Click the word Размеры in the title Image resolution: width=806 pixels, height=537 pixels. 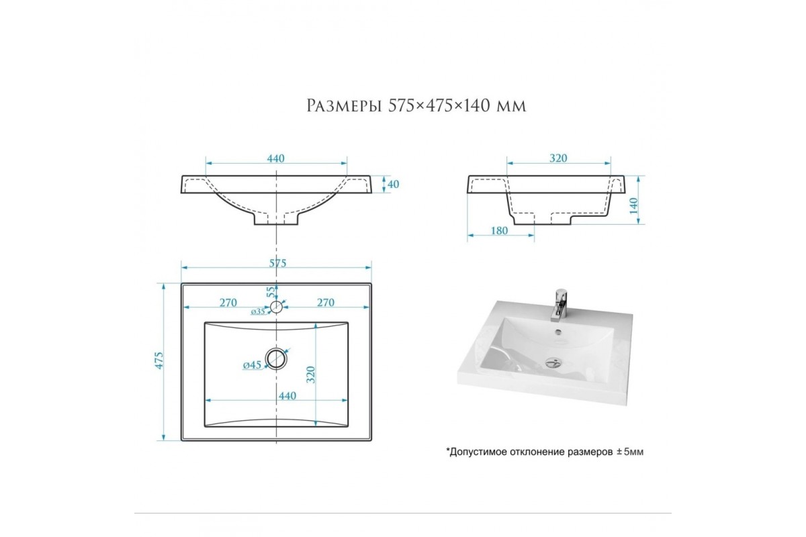tap(344, 106)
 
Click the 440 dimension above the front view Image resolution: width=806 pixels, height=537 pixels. tap(276, 158)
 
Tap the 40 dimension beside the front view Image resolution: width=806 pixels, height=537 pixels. tap(394, 184)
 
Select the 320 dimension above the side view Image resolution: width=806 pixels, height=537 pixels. tap(558, 158)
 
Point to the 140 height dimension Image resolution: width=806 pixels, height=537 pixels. tap(633, 205)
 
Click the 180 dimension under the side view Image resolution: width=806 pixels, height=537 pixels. tap(500, 230)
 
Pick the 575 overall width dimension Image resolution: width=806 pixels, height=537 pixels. tap(277, 263)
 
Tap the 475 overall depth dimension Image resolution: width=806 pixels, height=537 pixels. tap(159, 360)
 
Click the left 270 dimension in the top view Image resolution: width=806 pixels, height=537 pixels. tap(228, 303)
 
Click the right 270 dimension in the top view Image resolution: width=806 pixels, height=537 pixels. tap(326, 303)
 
